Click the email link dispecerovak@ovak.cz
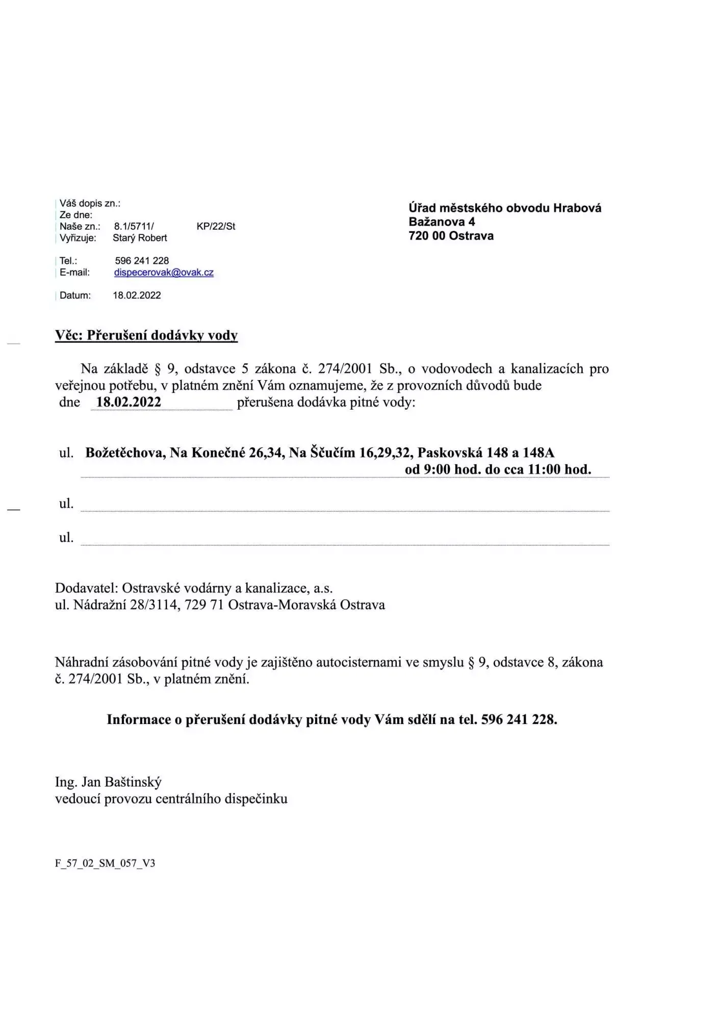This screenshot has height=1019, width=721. (164, 273)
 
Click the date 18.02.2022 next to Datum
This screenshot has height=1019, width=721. (137, 296)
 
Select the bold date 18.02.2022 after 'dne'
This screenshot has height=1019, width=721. (128, 402)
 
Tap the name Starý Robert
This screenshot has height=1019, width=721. (140, 238)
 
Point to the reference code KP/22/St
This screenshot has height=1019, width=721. (216, 226)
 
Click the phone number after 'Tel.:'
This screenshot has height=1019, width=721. (142, 261)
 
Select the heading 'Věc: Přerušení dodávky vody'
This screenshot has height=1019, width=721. (146, 335)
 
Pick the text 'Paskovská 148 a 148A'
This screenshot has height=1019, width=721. (485, 452)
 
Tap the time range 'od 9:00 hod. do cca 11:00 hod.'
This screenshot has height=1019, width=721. (498, 469)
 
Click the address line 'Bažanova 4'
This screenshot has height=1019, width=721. (442, 222)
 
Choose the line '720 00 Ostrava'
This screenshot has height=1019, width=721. (451, 236)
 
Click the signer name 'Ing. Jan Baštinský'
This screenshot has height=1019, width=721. (108, 782)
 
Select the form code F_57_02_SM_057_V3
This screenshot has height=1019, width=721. (105, 863)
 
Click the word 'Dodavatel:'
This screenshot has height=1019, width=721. (87, 588)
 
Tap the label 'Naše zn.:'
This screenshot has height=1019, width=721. (80, 226)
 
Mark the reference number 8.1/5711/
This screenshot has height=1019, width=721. (134, 226)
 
